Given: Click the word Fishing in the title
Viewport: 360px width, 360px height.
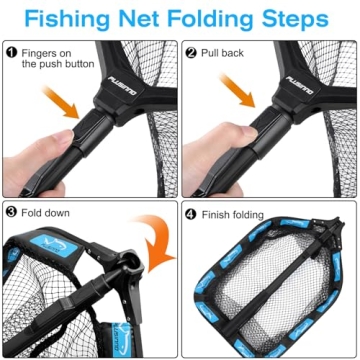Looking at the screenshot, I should [74, 19].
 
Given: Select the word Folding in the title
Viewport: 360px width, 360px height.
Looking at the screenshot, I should [220, 19].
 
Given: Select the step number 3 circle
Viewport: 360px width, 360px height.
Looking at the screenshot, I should [11, 211].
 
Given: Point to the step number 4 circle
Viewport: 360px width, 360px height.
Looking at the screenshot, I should [190, 211].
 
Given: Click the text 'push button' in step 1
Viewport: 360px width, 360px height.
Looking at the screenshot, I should [54, 64].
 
